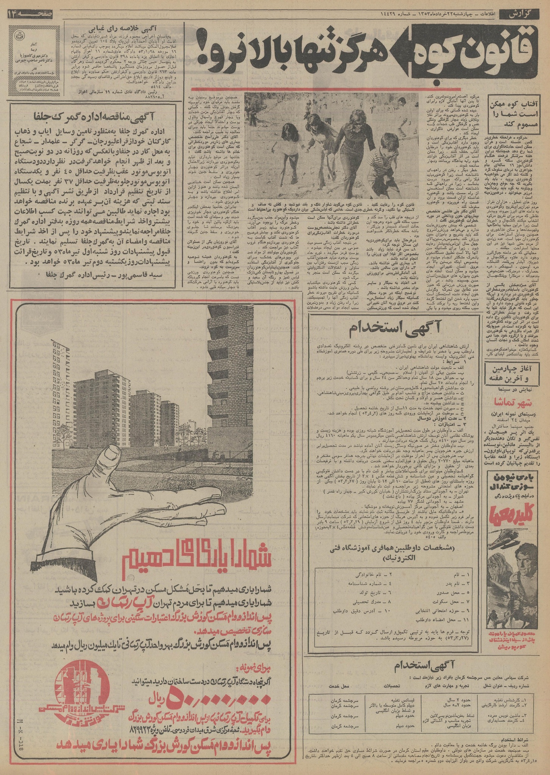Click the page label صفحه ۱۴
(30, 15)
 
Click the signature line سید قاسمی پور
(96, 275)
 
